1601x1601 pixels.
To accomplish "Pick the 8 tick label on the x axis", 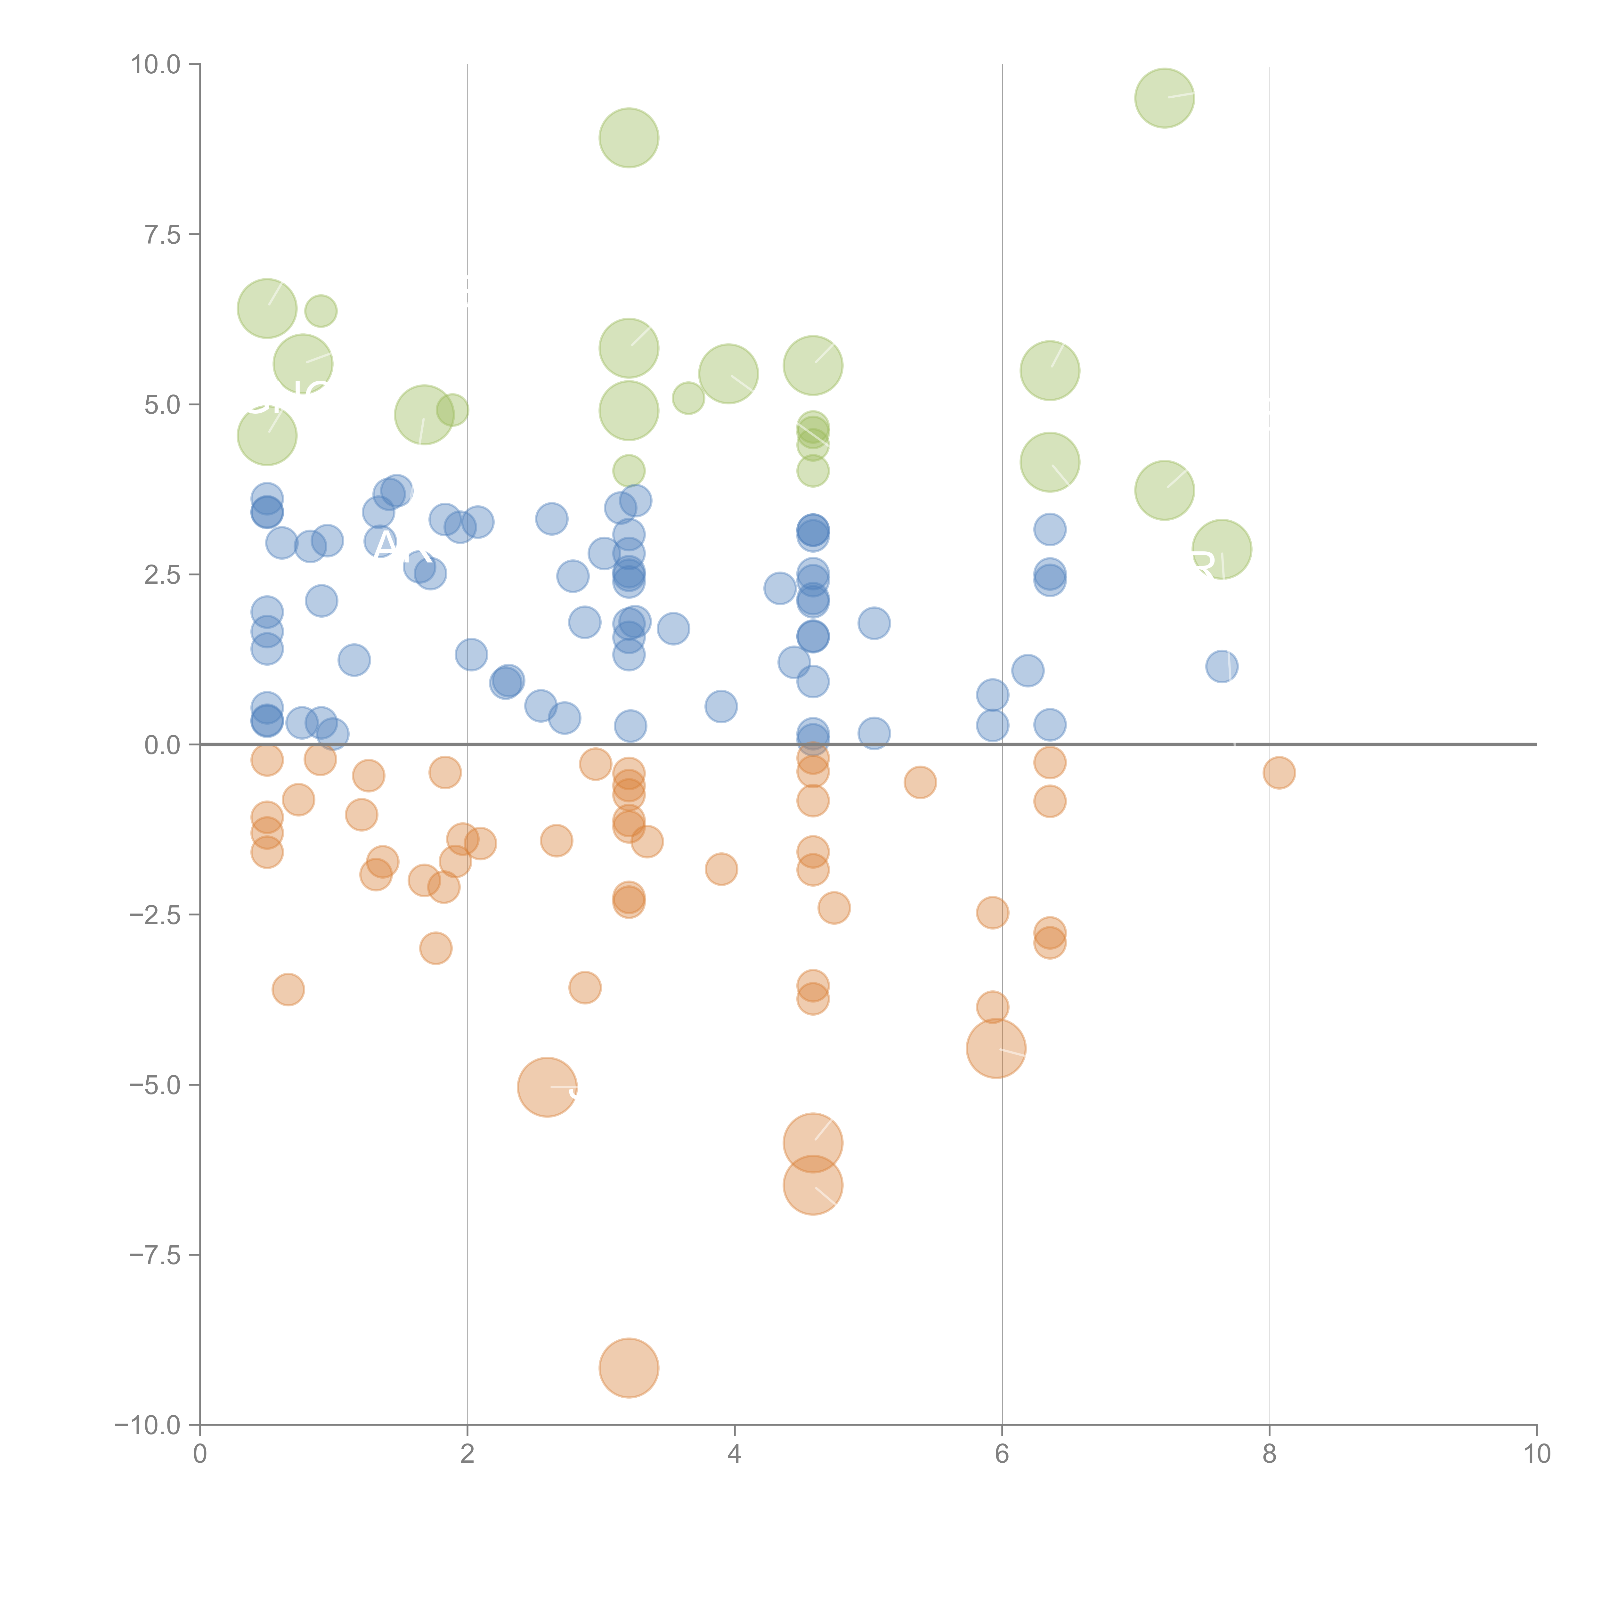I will [1270, 1454].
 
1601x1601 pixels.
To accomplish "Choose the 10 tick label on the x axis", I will [1536, 1454].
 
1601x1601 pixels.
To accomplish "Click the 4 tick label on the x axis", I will [734, 1454].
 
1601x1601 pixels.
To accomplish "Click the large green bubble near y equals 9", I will [629, 138].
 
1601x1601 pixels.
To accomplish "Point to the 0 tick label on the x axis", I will [200, 1454].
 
